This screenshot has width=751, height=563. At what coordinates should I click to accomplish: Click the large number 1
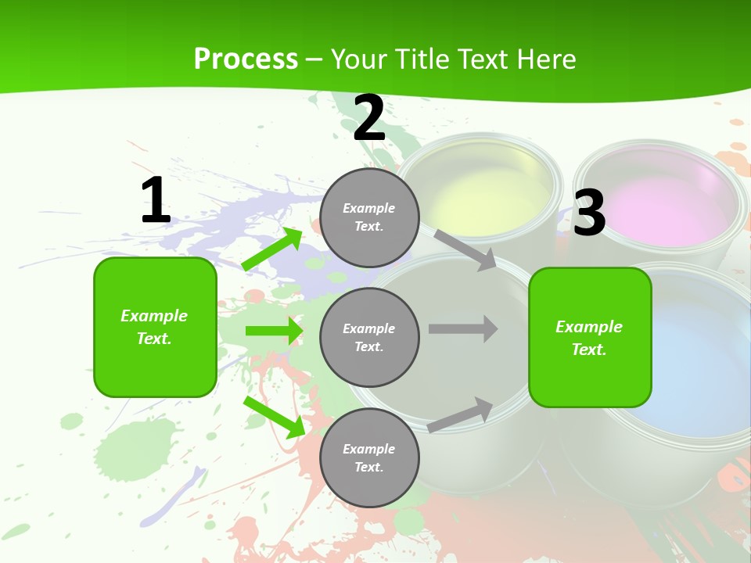pos(156,201)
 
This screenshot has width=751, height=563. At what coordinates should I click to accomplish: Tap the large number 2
pos(369,118)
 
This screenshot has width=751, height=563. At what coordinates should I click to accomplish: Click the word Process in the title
pos(246,59)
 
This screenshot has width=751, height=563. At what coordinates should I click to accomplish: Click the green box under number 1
pos(155,327)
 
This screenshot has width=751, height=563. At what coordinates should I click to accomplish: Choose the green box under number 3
pos(590,337)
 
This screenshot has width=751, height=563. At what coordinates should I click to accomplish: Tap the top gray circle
pos(369,217)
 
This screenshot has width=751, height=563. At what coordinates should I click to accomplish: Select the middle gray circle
pos(369,337)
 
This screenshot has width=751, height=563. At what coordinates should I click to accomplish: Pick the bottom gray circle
pos(369,457)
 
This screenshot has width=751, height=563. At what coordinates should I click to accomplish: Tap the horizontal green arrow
pos(274,331)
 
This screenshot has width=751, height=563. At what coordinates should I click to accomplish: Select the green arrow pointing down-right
pos(275,417)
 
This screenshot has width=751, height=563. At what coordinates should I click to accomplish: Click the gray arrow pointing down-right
pos(465,249)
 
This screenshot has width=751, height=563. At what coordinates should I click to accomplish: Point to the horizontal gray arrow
pos(462,329)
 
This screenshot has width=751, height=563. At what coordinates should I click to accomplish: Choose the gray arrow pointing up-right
pos(461,414)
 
